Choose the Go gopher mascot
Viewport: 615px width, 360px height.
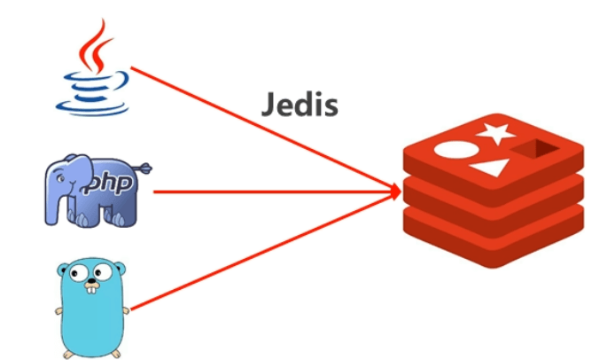pyautogui.click(x=92, y=307)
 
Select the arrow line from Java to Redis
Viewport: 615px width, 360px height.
pyautogui.click(x=266, y=128)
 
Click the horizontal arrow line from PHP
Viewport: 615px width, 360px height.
pyautogui.click(x=266, y=190)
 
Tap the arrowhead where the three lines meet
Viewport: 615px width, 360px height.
pyautogui.click(x=392, y=189)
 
